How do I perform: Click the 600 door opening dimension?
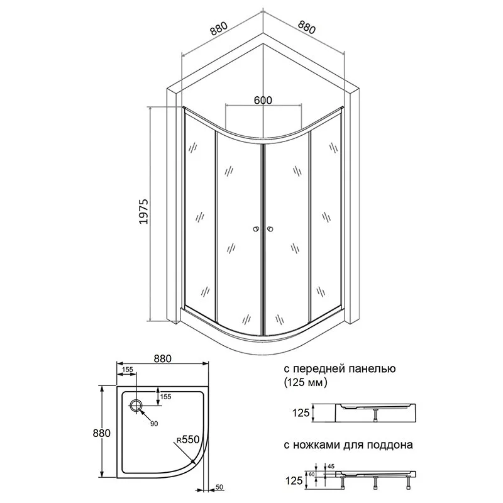pos(263,101)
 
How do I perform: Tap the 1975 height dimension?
pos(143,211)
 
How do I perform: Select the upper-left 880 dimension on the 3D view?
pos(219,28)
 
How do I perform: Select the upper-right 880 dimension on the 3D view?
pos(307,27)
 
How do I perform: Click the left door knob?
pos(256,229)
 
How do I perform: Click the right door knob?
pos(270,229)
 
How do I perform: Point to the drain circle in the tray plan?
pos(136,406)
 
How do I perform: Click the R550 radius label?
pos(188,439)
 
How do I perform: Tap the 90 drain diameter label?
pos(154,424)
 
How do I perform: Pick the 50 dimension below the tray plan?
pos(219,487)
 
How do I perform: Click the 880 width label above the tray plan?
pos(163,358)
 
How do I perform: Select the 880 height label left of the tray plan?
pos(101,433)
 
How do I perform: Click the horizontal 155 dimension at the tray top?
pos(128,370)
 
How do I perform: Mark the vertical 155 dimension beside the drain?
pos(165,397)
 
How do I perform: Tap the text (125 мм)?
pos(306,382)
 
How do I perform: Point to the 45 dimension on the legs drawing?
pos(331,466)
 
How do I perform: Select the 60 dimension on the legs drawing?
pos(311,475)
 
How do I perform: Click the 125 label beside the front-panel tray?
pos(301,412)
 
